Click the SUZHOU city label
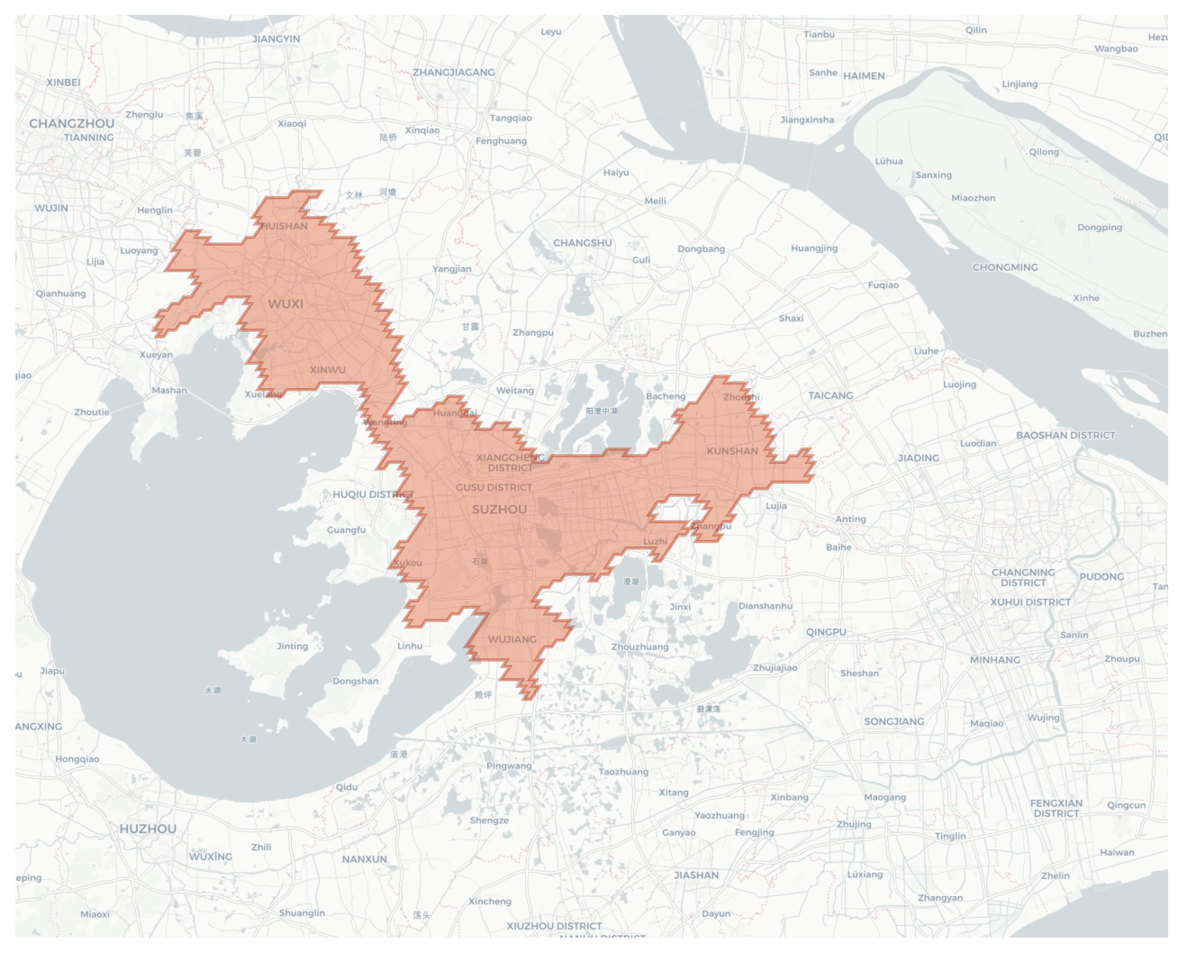(500, 510)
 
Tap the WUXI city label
(285, 304)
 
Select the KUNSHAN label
(732, 451)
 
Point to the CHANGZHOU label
(72, 124)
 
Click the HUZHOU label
(148, 829)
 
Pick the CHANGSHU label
(582, 242)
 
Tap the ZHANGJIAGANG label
(453, 72)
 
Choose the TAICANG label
(830, 395)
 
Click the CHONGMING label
(1005, 268)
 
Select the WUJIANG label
(512, 640)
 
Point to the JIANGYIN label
(276, 39)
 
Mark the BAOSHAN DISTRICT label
(1065, 435)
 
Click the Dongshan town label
(355, 681)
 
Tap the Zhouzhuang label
(640, 646)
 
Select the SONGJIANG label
(894, 721)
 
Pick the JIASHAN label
(696, 875)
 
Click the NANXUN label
(364, 859)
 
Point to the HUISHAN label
(284, 226)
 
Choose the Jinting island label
(292, 646)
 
